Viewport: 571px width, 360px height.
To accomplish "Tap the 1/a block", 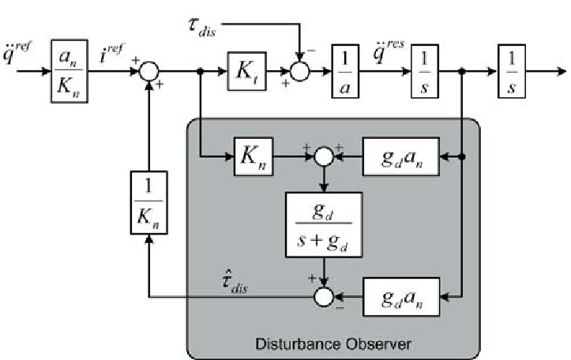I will point(346,71).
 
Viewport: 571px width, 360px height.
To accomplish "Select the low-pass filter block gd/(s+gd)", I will point(323,224).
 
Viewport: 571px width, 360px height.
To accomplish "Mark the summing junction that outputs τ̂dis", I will point(323,297).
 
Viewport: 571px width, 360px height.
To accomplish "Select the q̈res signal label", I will point(386,50).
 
